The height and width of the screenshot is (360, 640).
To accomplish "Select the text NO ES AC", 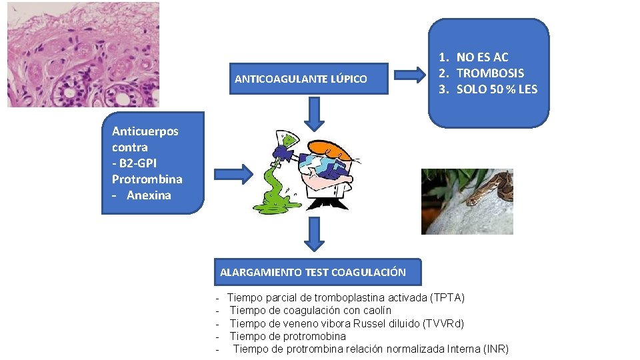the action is pyautogui.click(x=482, y=58).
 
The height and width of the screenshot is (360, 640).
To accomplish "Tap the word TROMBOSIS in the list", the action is pyautogui.click(x=490, y=73).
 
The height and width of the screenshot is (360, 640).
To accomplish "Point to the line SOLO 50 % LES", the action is pyautogui.click(x=497, y=89).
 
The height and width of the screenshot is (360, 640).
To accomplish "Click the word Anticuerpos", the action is pyautogui.click(x=145, y=131).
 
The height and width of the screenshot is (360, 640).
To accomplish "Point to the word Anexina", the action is pyautogui.click(x=149, y=195).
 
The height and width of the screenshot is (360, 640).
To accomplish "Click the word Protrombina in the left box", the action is pyautogui.click(x=147, y=179).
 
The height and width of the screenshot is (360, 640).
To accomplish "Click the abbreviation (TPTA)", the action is pyautogui.click(x=448, y=297).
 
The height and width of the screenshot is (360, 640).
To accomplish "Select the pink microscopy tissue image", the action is pyautogui.click(x=83, y=54).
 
